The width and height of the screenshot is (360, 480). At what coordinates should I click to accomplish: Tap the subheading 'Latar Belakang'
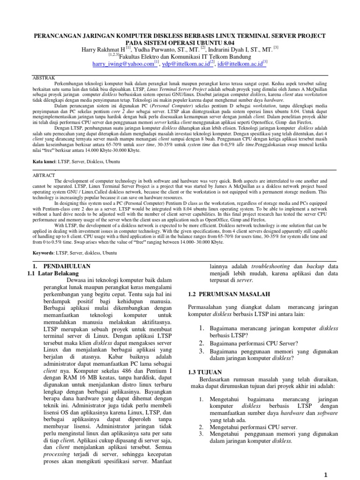tap(53, 273)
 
